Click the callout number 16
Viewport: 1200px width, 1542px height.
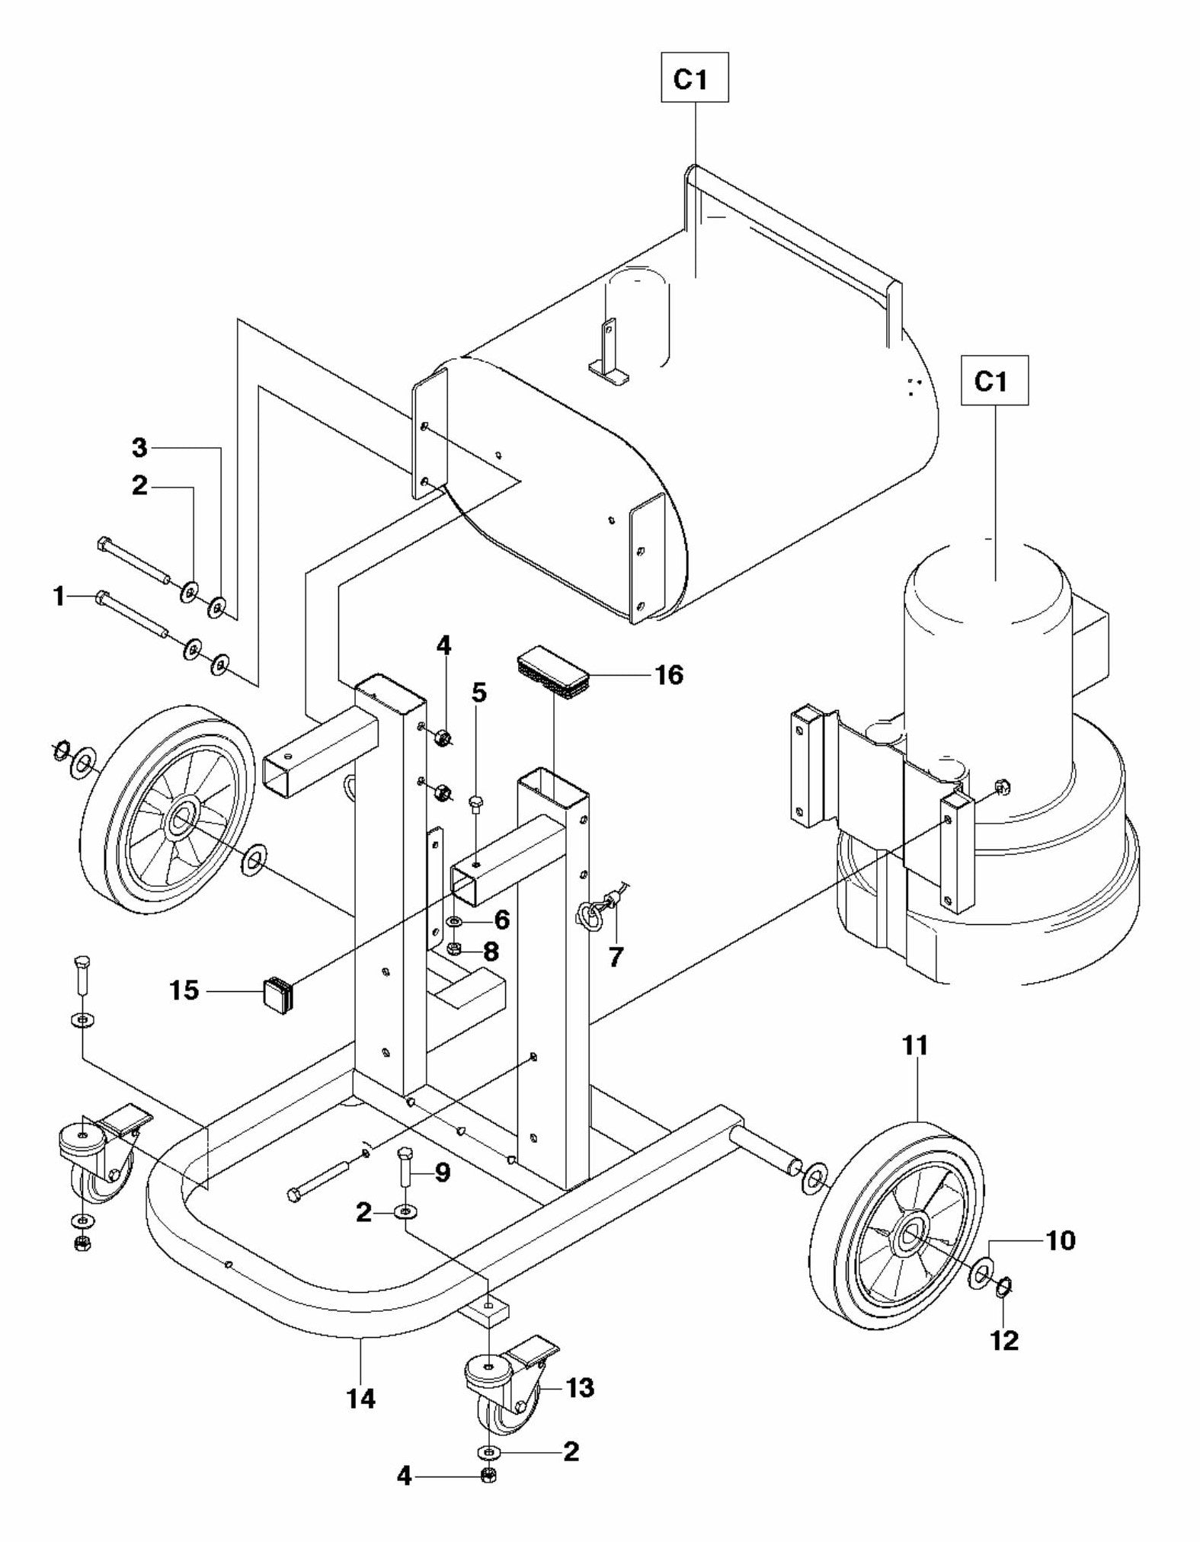[669, 674]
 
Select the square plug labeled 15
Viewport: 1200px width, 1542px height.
[278, 993]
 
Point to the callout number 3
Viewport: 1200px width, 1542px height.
[139, 447]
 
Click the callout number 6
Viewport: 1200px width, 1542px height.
[501, 920]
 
